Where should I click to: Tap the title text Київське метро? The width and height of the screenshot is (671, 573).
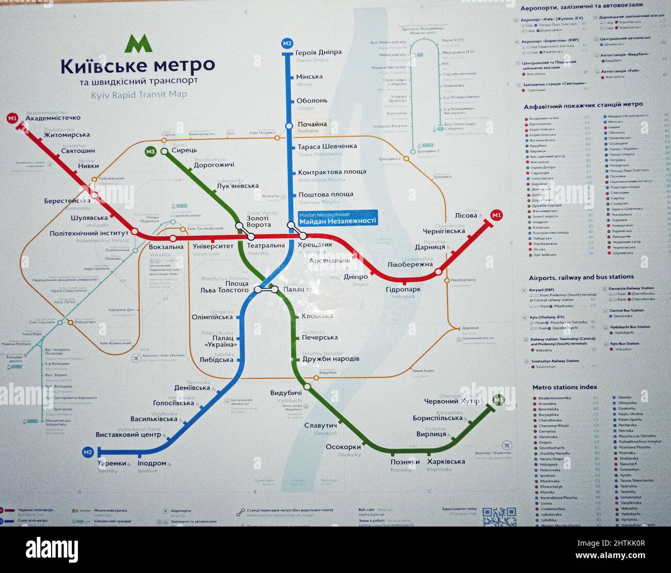[x=137, y=66]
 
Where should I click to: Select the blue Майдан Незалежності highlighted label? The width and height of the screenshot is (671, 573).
[x=338, y=218]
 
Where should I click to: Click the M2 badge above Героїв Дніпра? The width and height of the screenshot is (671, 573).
[x=287, y=43]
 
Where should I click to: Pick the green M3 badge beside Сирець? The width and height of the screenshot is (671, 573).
[x=150, y=151]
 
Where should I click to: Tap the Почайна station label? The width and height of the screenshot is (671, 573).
[x=312, y=124]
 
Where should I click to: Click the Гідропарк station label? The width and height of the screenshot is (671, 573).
[x=403, y=290]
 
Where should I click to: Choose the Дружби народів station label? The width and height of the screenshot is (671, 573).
[x=331, y=359]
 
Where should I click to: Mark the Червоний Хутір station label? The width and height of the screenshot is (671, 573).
[x=451, y=401]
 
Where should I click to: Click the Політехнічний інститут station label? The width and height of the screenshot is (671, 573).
[x=89, y=233]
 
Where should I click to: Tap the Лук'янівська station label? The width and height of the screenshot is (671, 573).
[x=238, y=186]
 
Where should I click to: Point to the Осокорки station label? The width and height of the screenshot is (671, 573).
[x=343, y=447]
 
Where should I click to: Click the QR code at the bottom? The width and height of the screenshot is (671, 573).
[x=499, y=517]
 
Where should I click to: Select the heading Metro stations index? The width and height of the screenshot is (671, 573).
[x=565, y=387]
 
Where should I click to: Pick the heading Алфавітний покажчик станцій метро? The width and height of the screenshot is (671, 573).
[x=583, y=104]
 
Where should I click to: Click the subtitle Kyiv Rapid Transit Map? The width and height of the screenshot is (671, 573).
[x=139, y=94]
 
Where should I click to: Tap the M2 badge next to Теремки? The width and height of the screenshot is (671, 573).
[x=88, y=453]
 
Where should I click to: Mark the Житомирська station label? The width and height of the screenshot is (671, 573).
[x=67, y=135]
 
